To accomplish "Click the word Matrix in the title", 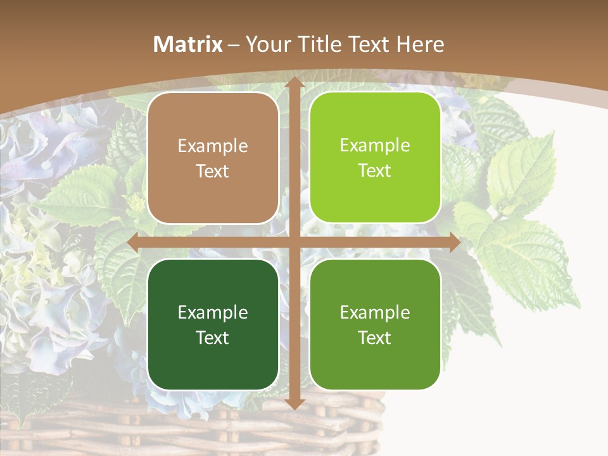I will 188,44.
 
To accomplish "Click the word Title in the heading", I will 319,44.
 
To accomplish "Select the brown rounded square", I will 213,158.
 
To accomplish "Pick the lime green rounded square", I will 375,158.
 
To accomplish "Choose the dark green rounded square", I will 213,324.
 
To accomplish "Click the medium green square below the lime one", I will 375,324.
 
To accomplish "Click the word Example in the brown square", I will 213,146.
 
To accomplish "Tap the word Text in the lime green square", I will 375,170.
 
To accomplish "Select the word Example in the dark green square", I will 213,312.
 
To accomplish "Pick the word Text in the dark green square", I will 213,338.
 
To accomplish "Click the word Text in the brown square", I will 213,171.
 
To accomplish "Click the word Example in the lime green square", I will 375,146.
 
